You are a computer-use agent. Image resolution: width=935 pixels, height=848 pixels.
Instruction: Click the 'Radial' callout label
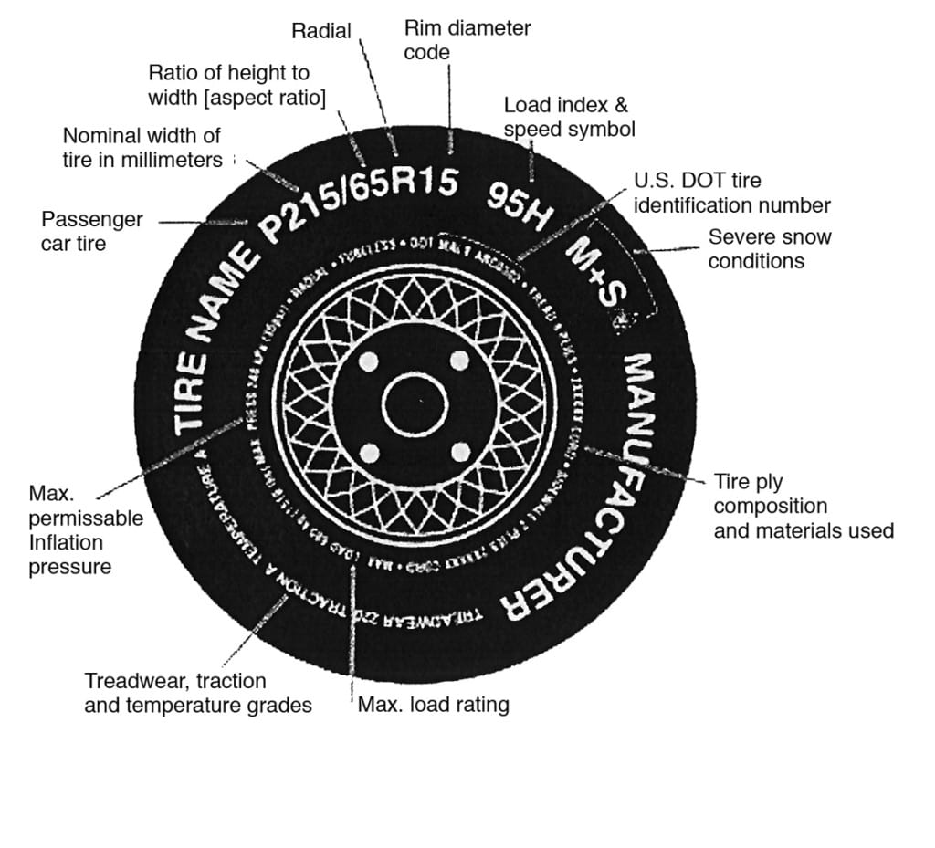[x=320, y=31]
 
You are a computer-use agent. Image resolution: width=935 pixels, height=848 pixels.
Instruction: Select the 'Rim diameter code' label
[x=467, y=40]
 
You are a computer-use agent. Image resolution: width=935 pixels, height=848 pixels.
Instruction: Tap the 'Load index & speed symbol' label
[x=569, y=118]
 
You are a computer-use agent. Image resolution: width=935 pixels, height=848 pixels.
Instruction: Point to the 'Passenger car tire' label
[x=91, y=232]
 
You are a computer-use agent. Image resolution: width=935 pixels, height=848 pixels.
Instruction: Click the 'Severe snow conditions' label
[x=770, y=249]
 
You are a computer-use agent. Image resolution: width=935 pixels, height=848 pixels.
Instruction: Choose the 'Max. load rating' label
[x=433, y=705]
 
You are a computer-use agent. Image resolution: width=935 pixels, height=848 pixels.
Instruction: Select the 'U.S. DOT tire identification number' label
[x=731, y=194]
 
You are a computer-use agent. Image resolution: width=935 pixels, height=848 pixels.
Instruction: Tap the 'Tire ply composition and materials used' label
[x=803, y=507]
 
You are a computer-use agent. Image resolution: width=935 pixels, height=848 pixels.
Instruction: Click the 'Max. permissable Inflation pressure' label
[x=85, y=530]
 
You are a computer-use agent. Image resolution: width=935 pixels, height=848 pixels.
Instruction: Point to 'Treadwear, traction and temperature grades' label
[x=197, y=693]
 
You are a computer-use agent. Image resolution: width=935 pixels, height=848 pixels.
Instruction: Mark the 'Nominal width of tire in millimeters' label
[x=142, y=148]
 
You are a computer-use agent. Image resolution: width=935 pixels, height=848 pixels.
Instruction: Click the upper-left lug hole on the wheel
[x=369, y=362]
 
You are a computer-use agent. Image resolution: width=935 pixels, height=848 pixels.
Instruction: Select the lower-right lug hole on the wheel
[x=459, y=451]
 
